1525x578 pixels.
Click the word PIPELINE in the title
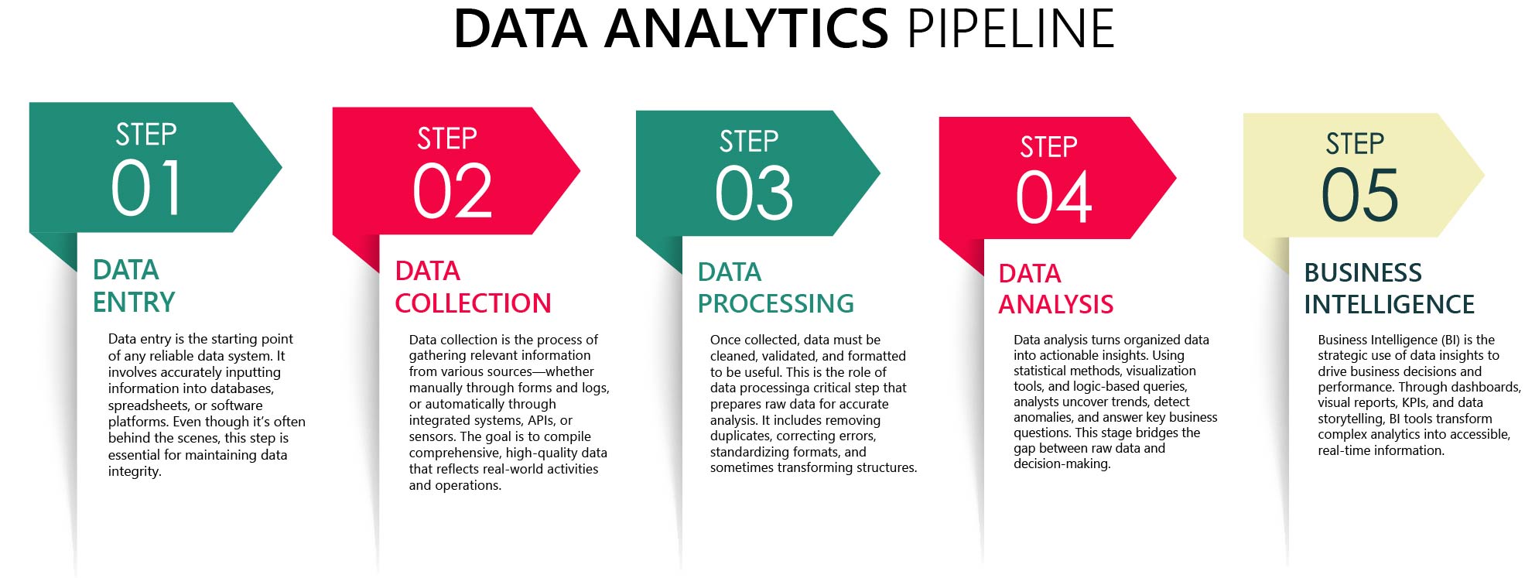pos(1010,29)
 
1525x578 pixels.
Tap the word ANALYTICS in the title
pos(747,29)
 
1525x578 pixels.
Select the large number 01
pos(146,188)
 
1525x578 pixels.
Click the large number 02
pos(453,192)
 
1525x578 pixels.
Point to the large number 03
pos(754,193)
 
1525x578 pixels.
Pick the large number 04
pos(1054,197)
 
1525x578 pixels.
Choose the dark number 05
pos(1359,195)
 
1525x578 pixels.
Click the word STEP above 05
pos(1355,144)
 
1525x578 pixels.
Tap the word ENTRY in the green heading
pos(134,302)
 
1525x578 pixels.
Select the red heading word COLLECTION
pos(473,303)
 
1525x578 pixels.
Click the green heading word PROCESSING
pos(775,303)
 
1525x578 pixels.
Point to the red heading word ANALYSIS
pos(1055,305)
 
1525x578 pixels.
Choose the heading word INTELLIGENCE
pos(1389,305)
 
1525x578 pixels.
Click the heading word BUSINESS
pos(1363,272)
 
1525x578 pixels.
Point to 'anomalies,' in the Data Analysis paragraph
pos(1044,418)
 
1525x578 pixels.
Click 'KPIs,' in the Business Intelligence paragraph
pos(1415,402)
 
